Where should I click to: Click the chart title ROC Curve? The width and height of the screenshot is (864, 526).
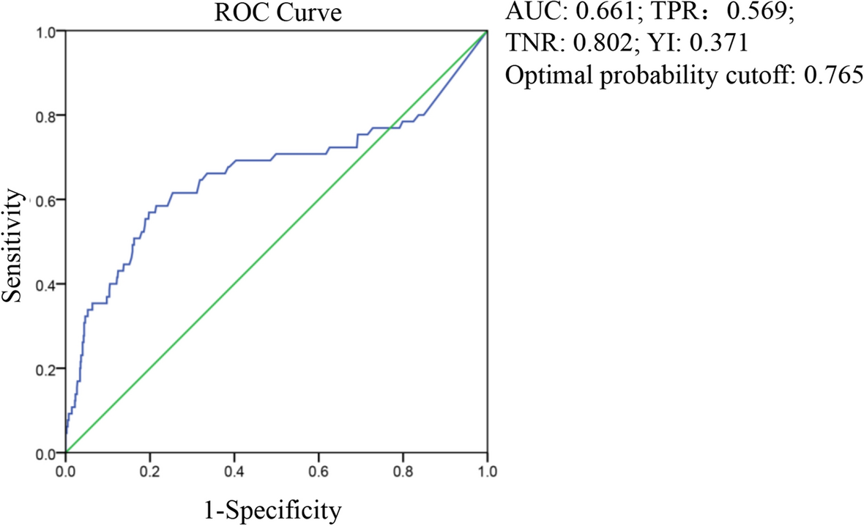click(276, 14)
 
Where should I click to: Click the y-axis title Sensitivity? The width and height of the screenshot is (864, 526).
click(16, 242)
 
